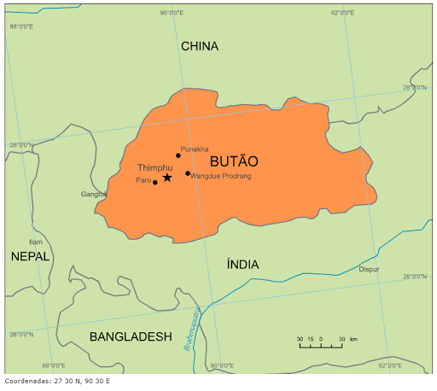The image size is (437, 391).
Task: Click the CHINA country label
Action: pos(199,46)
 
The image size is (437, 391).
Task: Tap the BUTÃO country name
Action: pos(233,161)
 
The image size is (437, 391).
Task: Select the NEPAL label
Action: pos(30,256)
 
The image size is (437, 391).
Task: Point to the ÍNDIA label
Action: pos(242,265)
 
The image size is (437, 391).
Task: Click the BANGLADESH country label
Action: pos(131,336)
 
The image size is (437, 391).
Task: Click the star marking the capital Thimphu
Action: pos(167,178)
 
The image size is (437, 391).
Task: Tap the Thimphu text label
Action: pos(154,168)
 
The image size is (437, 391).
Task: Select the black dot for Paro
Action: pos(154,182)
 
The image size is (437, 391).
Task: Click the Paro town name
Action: pos(143,181)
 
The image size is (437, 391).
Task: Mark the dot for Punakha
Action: pos(178,155)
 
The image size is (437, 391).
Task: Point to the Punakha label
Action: pos(195,149)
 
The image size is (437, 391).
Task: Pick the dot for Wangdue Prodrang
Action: pos(188,173)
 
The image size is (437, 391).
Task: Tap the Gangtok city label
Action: pos(94,195)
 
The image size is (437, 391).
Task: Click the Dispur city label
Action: pos(369,269)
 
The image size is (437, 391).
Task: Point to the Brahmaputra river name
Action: pos(191,330)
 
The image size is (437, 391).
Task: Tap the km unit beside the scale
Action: pos(353,340)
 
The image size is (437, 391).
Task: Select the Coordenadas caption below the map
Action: pos(57,381)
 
